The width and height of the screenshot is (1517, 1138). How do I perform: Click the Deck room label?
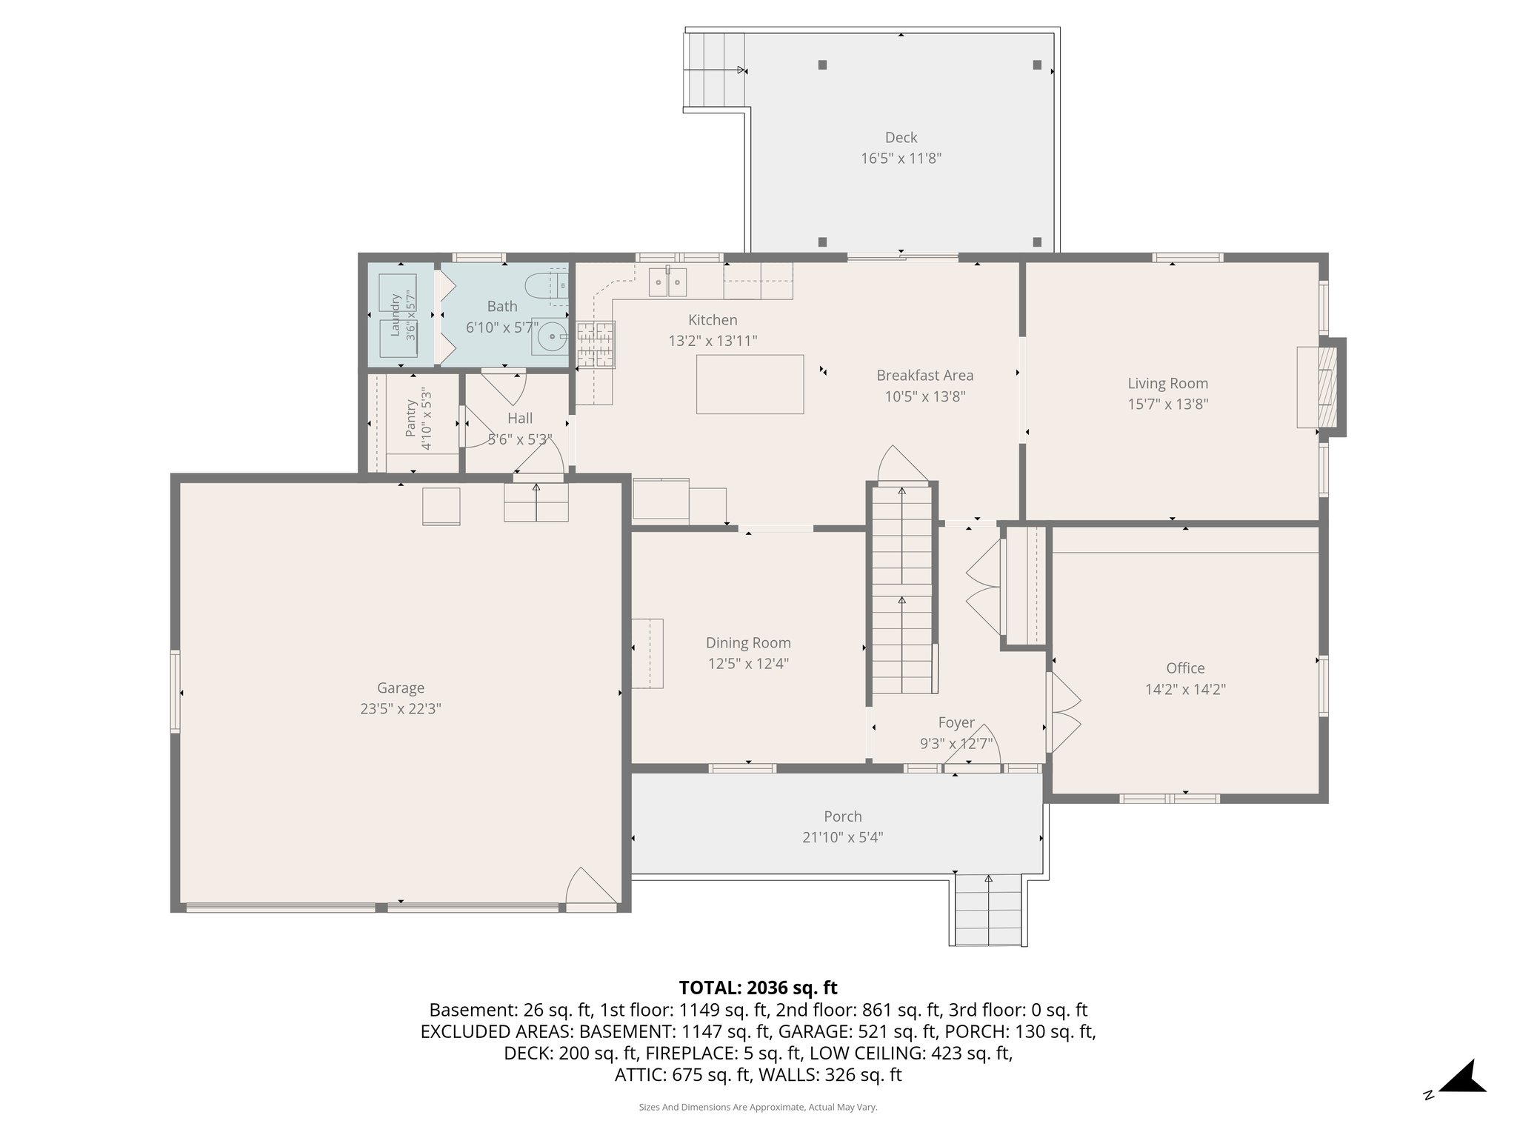901,138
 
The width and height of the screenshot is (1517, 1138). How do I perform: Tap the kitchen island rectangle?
750,384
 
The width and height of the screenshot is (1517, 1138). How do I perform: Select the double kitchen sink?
668,282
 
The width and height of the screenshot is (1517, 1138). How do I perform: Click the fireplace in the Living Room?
1321,387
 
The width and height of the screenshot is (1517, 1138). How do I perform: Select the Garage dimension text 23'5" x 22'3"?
401,709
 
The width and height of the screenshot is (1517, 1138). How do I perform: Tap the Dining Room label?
748,643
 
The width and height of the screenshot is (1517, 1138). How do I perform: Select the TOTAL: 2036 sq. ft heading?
758,988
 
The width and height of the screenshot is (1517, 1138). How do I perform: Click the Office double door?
1064,712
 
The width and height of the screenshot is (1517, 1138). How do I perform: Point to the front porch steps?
988,911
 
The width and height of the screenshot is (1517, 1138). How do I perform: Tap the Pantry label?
411,419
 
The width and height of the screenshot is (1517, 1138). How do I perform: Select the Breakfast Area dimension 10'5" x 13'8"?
924,396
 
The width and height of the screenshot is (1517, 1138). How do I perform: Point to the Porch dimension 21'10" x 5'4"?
843,838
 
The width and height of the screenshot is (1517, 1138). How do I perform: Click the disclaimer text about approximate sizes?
758,1107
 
